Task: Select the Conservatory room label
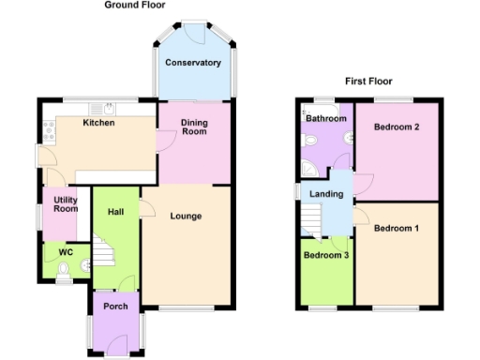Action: pos(192,64)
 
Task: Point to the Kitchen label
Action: pos(98,123)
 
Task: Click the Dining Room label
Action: pos(193,127)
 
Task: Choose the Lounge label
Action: pos(186,217)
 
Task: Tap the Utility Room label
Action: pos(65,202)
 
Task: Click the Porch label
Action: pos(115,307)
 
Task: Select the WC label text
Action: pos(66,252)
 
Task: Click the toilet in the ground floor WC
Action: pos(63,271)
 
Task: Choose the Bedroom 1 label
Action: pos(396,228)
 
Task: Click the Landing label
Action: pos(322,194)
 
